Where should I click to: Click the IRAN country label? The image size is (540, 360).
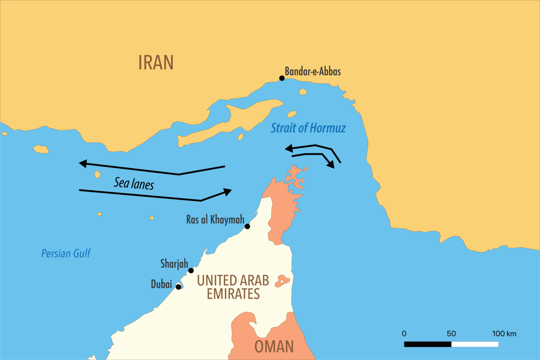pyautogui.click(x=156, y=63)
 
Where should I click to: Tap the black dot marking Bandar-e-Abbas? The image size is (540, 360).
pyautogui.click(x=282, y=78)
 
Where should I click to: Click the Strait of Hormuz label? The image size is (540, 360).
pyautogui.click(x=308, y=128)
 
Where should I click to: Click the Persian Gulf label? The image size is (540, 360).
pyautogui.click(x=66, y=253)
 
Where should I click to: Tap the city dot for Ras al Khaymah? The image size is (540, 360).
pyautogui.click(x=247, y=226)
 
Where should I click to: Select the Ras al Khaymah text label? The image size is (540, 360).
pyautogui.click(x=215, y=220)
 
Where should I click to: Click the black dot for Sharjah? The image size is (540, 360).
pyautogui.click(x=191, y=270)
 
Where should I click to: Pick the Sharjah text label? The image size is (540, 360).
pyautogui.click(x=174, y=263)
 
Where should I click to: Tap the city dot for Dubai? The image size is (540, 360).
pyautogui.click(x=179, y=287)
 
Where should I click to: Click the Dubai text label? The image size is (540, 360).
pyautogui.click(x=162, y=284)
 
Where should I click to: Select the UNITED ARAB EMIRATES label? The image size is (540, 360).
pyautogui.click(x=233, y=287)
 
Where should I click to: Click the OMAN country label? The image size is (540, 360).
pyautogui.click(x=274, y=346)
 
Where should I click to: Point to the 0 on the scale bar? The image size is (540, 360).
pyautogui.click(x=404, y=334)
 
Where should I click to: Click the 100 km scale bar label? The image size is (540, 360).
pyautogui.click(x=504, y=334)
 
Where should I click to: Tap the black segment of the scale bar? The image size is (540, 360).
pyautogui.click(x=427, y=344)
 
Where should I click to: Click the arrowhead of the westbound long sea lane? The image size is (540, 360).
pyautogui.click(x=83, y=164)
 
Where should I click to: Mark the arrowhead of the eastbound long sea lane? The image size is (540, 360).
pyautogui.click(x=228, y=191)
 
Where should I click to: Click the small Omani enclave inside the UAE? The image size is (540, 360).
pyautogui.click(x=282, y=281)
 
